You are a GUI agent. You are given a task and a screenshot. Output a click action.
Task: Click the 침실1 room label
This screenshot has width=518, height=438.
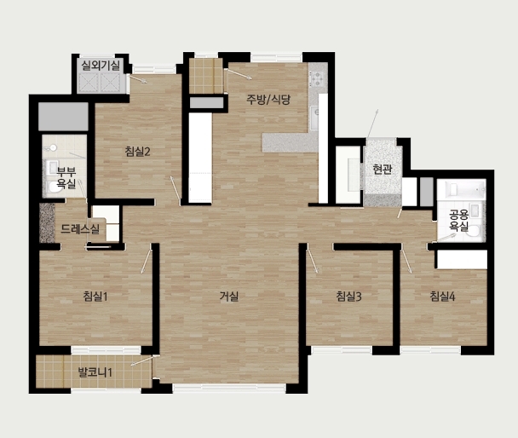point(95,297)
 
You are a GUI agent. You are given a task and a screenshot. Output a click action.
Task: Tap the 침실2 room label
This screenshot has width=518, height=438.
point(138,152)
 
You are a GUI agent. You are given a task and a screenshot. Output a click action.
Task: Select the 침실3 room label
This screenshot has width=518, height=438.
point(348,297)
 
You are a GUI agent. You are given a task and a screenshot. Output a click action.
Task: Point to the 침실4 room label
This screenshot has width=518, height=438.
point(442,297)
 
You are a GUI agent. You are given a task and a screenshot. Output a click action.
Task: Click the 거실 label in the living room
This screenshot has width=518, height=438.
point(229,297)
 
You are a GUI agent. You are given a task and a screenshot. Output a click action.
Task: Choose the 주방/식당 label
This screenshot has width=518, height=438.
point(268,99)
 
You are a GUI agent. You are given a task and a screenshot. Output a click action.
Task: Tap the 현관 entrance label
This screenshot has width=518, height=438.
point(383,169)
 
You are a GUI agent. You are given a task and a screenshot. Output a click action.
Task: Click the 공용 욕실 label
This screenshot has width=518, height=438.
point(459,221)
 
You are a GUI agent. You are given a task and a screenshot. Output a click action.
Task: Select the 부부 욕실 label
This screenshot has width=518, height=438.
point(66,177)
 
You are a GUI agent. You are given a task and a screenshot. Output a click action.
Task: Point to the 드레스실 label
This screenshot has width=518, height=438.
point(80,229)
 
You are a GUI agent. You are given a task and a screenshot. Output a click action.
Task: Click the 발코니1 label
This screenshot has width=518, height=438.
point(95,372)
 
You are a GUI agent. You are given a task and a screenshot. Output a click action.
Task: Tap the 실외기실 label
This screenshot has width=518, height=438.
point(101,66)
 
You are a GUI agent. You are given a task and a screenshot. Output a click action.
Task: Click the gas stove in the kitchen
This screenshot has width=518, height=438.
point(317,79)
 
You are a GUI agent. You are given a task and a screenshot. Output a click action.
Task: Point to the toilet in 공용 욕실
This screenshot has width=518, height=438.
point(475,231)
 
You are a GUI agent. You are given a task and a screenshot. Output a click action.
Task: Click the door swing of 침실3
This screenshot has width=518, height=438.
point(312,259)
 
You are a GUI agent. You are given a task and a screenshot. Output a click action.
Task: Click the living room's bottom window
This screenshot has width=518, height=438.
point(229,388)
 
